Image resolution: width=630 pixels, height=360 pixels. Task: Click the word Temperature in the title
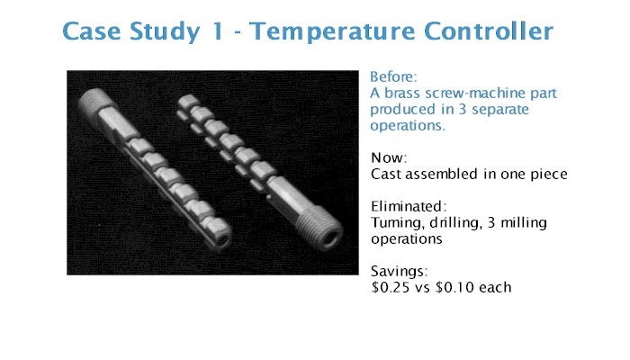(x=332, y=31)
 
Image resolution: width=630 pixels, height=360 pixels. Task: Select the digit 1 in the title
(x=218, y=31)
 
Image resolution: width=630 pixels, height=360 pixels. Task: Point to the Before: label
(x=394, y=76)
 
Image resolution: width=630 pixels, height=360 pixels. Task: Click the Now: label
(x=389, y=157)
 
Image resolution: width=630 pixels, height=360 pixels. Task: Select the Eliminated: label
(x=409, y=206)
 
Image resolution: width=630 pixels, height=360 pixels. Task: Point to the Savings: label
(x=400, y=272)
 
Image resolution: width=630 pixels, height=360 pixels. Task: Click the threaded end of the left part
(x=94, y=103)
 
